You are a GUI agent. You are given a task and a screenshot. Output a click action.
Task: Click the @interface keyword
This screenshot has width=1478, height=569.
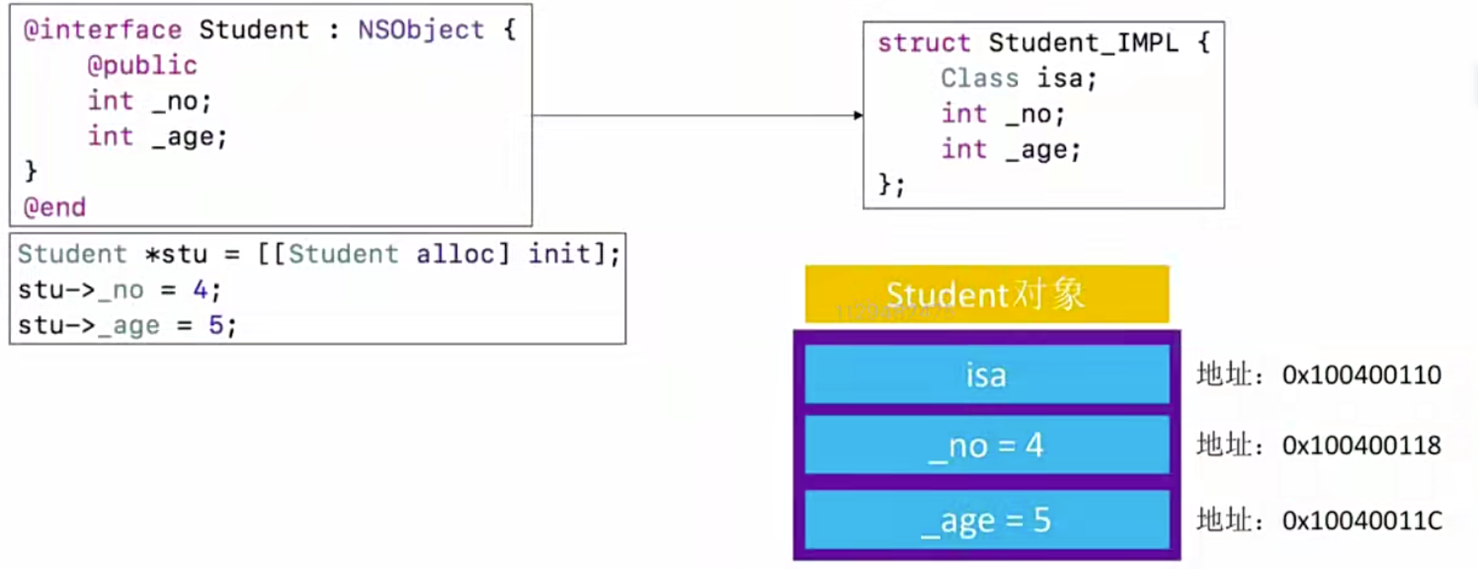click(103, 31)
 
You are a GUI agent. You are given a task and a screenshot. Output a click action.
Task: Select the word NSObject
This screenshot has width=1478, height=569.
click(421, 30)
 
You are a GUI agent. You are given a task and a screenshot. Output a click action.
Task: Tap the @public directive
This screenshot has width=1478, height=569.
click(142, 66)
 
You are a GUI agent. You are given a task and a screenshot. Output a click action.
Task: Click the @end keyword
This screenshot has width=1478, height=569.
click(54, 207)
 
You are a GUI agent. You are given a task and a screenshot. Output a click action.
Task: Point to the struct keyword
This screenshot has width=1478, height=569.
click(924, 42)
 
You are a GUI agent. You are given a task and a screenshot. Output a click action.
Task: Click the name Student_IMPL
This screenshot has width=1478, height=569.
click(1084, 42)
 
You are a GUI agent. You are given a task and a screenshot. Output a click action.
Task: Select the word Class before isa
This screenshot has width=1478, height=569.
click(980, 79)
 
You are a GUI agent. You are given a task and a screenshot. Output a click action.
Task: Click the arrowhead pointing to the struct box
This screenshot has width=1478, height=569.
click(859, 116)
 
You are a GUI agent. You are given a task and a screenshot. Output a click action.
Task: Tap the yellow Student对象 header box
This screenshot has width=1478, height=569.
click(987, 294)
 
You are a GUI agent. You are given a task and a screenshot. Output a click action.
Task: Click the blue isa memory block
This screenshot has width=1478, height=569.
click(987, 374)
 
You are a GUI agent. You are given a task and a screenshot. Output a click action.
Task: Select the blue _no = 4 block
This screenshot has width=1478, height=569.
click(987, 445)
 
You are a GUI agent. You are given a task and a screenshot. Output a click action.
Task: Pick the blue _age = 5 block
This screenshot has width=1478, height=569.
click(987, 521)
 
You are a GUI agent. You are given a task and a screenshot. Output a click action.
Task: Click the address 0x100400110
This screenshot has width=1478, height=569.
click(1361, 375)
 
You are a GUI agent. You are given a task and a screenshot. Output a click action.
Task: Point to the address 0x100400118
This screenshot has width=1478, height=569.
click(1361, 446)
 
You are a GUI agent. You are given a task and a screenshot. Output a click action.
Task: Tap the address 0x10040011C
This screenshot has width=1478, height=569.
click(1361, 521)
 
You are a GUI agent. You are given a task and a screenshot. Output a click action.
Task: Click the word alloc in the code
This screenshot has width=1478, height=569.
click(455, 254)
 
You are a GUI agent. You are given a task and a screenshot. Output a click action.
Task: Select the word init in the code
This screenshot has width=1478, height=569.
click(559, 254)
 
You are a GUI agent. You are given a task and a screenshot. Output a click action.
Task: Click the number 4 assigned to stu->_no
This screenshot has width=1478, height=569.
click(200, 289)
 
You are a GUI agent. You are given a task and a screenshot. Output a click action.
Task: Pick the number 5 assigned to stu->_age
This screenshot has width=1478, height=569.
click(215, 325)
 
